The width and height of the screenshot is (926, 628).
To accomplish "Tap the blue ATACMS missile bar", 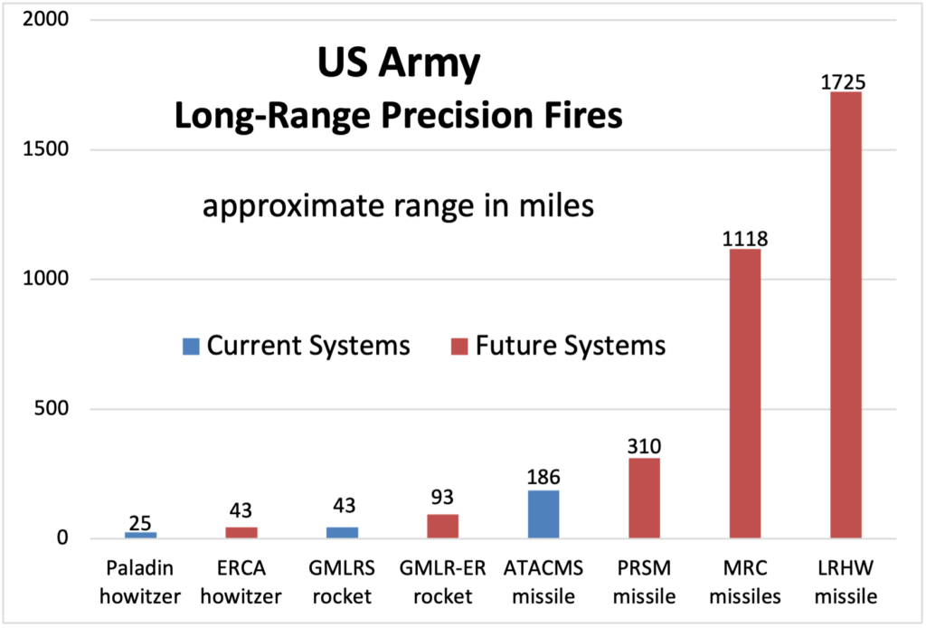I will pyautogui.click(x=543, y=514).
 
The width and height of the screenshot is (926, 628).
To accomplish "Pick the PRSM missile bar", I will pyautogui.click(x=644, y=498).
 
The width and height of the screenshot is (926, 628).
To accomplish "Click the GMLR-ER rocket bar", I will pyautogui.click(x=442, y=526).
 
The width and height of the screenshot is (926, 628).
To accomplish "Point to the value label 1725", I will pyautogui.click(x=845, y=82).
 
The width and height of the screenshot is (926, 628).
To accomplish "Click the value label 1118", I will pyautogui.click(x=745, y=240).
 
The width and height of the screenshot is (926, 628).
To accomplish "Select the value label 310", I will pyautogui.click(x=644, y=446).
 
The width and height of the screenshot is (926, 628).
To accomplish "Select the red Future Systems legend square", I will pyautogui.click(x=458, y=346).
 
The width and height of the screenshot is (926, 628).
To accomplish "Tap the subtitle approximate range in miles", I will pyautogui.click(x=398, y=206).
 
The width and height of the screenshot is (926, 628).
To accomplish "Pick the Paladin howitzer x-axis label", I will pyautogui.click(x=140, y=582).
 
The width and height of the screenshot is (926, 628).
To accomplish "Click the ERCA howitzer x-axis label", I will pyautogui.click(x=241, y=582).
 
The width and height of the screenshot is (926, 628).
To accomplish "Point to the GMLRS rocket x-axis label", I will pyautogui.click(x=342, y=582).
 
